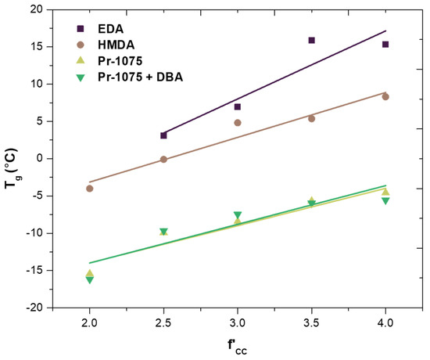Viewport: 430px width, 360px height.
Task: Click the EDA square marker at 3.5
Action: pos(311,40)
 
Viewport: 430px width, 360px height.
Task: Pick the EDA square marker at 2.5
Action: pos(163,135)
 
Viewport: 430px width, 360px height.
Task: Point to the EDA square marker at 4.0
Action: pos(385,45)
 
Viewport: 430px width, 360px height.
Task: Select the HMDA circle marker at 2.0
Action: pos(89,189)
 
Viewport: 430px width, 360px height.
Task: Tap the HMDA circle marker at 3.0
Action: pos(238,123)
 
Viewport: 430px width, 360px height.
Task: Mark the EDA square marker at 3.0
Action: pos(238,106)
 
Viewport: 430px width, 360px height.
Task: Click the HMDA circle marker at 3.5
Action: pos(311,119)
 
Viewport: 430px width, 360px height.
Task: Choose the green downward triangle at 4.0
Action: pos(385,201)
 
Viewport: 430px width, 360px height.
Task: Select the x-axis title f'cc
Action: pos(238,345)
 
